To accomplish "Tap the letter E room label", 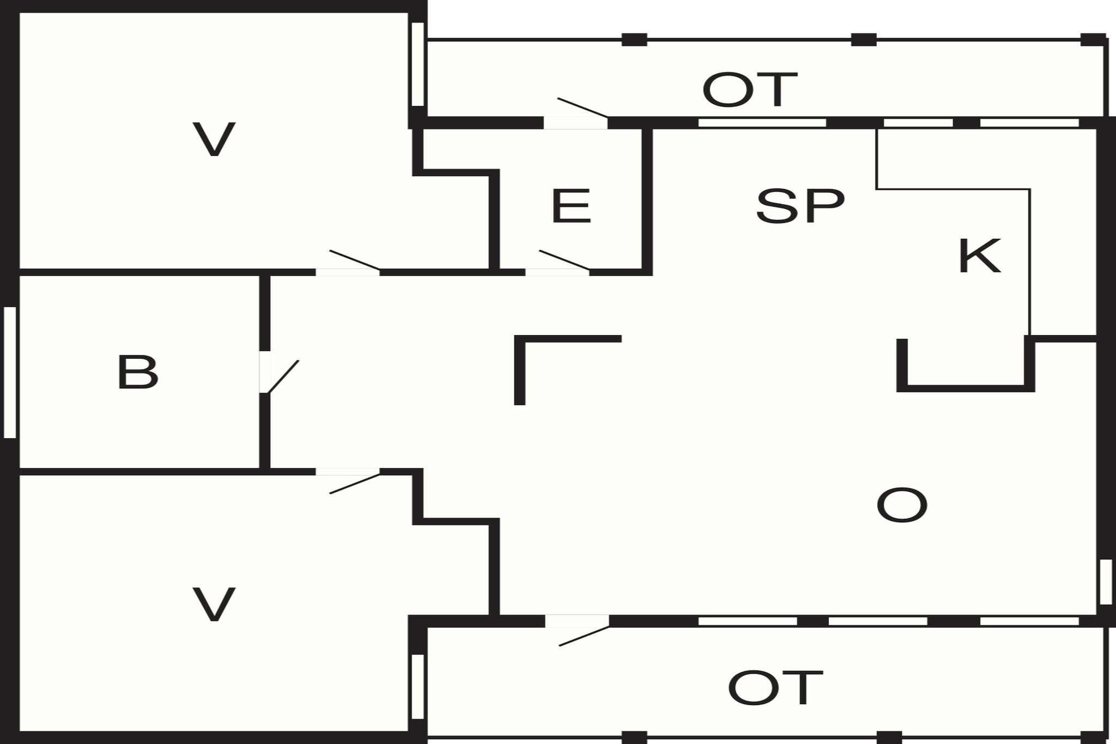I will pyautogui.click(x=571, y=205).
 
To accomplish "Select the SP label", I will pyautogui.click(x=800, y=205).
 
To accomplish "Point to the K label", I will pyautogui.click(x=979, y=256).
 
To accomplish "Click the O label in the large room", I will pyautogui.click(x=902, y=505).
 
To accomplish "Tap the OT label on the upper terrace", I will pyautogui.click(x=750, y=90).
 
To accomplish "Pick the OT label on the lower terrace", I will pyautogui.click(x=775, y=687).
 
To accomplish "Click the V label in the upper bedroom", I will pyautogui.click(x=214, y=140).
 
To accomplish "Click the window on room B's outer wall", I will pyautogui.click(x=10, y=372).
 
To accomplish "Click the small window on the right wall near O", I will pyautogui.click(x=1106, y=582).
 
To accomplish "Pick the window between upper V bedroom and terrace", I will pyautogui.click(x=417, y=64).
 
